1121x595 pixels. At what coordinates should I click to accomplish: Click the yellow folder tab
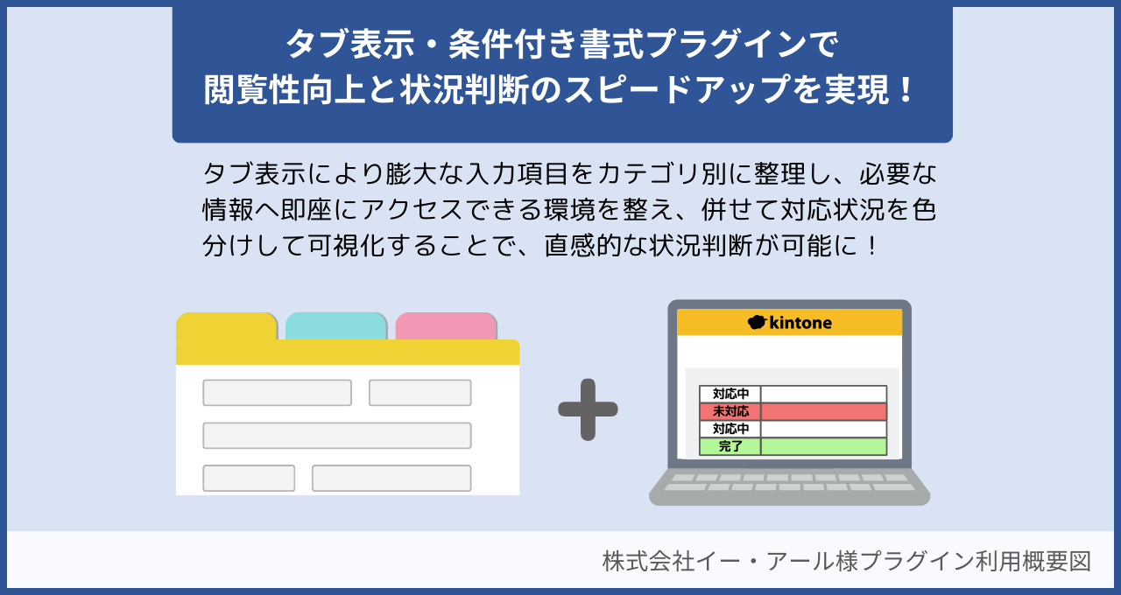pyautogui.click(x=227, y=326)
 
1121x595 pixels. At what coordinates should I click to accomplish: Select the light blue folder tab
pyautogui.click(x=336, y=325)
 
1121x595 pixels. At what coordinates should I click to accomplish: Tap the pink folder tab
pyautogui.click(x=446, y=325)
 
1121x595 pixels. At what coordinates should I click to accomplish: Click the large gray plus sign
pyautogui.click(x=588, y=409)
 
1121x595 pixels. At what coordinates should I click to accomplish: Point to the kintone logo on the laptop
pyautogui.click(x=790, y=323)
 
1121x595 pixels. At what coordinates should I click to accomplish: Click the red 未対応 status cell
pyautogui.click(x=730, y=411)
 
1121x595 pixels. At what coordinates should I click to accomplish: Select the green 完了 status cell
pyautogui.click(x=730, y=446)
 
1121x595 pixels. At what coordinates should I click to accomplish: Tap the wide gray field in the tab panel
pyautogui.click(x=337, y=435)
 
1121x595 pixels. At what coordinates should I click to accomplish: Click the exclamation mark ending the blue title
pyautogui.click(x=906, y=89)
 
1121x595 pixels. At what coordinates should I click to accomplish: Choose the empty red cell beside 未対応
pyautogui.click(x=823, y=411)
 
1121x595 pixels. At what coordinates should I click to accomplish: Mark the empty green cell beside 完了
pyautogui.click(x=823, y=446)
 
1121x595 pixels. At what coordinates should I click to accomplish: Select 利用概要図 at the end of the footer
pyautogui.click(x=1042, y=561)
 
